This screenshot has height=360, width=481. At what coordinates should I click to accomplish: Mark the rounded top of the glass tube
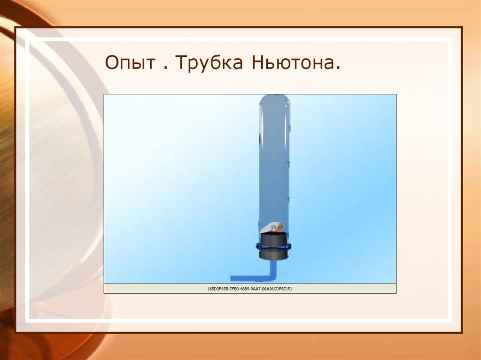click(x=275, y=100)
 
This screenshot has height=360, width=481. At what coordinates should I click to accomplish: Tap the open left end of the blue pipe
click(x=232, y=278)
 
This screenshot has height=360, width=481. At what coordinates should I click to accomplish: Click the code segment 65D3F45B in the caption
click(x=219, y=289)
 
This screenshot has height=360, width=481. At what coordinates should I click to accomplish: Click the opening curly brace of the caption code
click(x=208, y=289)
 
